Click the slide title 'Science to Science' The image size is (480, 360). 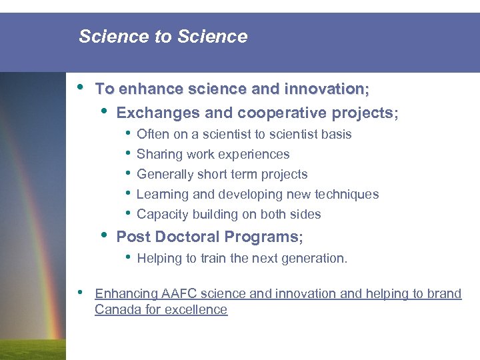163,37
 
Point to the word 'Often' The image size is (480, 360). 153,134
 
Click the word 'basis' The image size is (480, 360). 336,134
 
